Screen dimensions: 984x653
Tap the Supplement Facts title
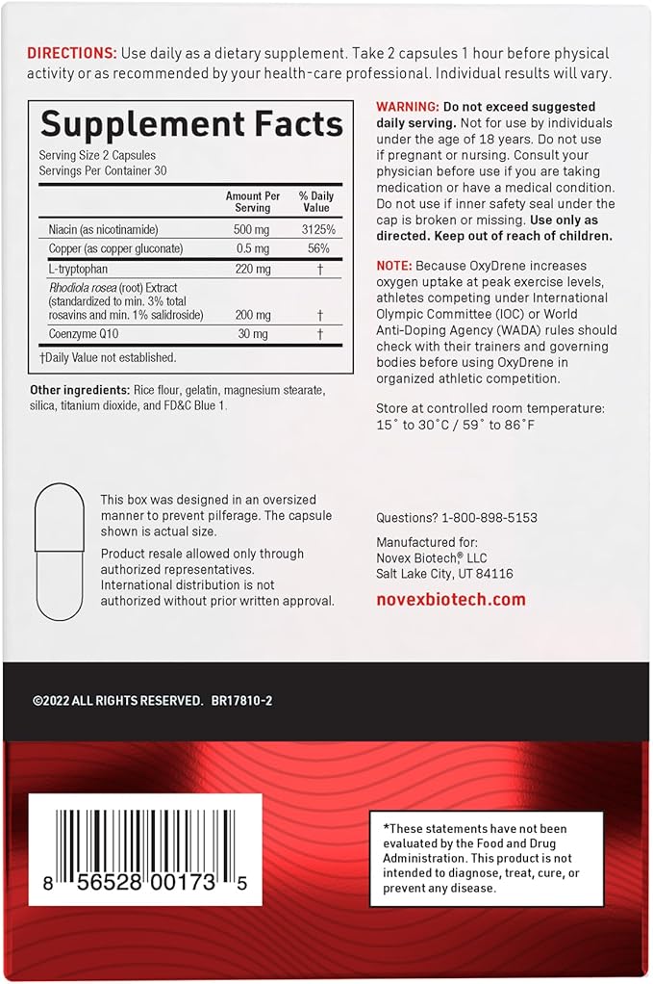(x=191, y=124)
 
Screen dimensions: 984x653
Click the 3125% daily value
(x=315, y=229)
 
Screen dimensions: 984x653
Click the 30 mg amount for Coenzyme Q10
(x=252, y=335)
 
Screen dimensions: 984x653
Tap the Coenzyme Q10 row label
(x=85, y=335)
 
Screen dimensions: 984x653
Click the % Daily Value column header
(x=315, y=201)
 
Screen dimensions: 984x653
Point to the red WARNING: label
(x=408, y=107)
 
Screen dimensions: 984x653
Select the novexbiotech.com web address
(x=451, y=599)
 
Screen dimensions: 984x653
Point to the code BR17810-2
(x=241, y=701)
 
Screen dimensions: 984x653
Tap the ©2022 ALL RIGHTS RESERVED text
(x=117, y=701)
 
